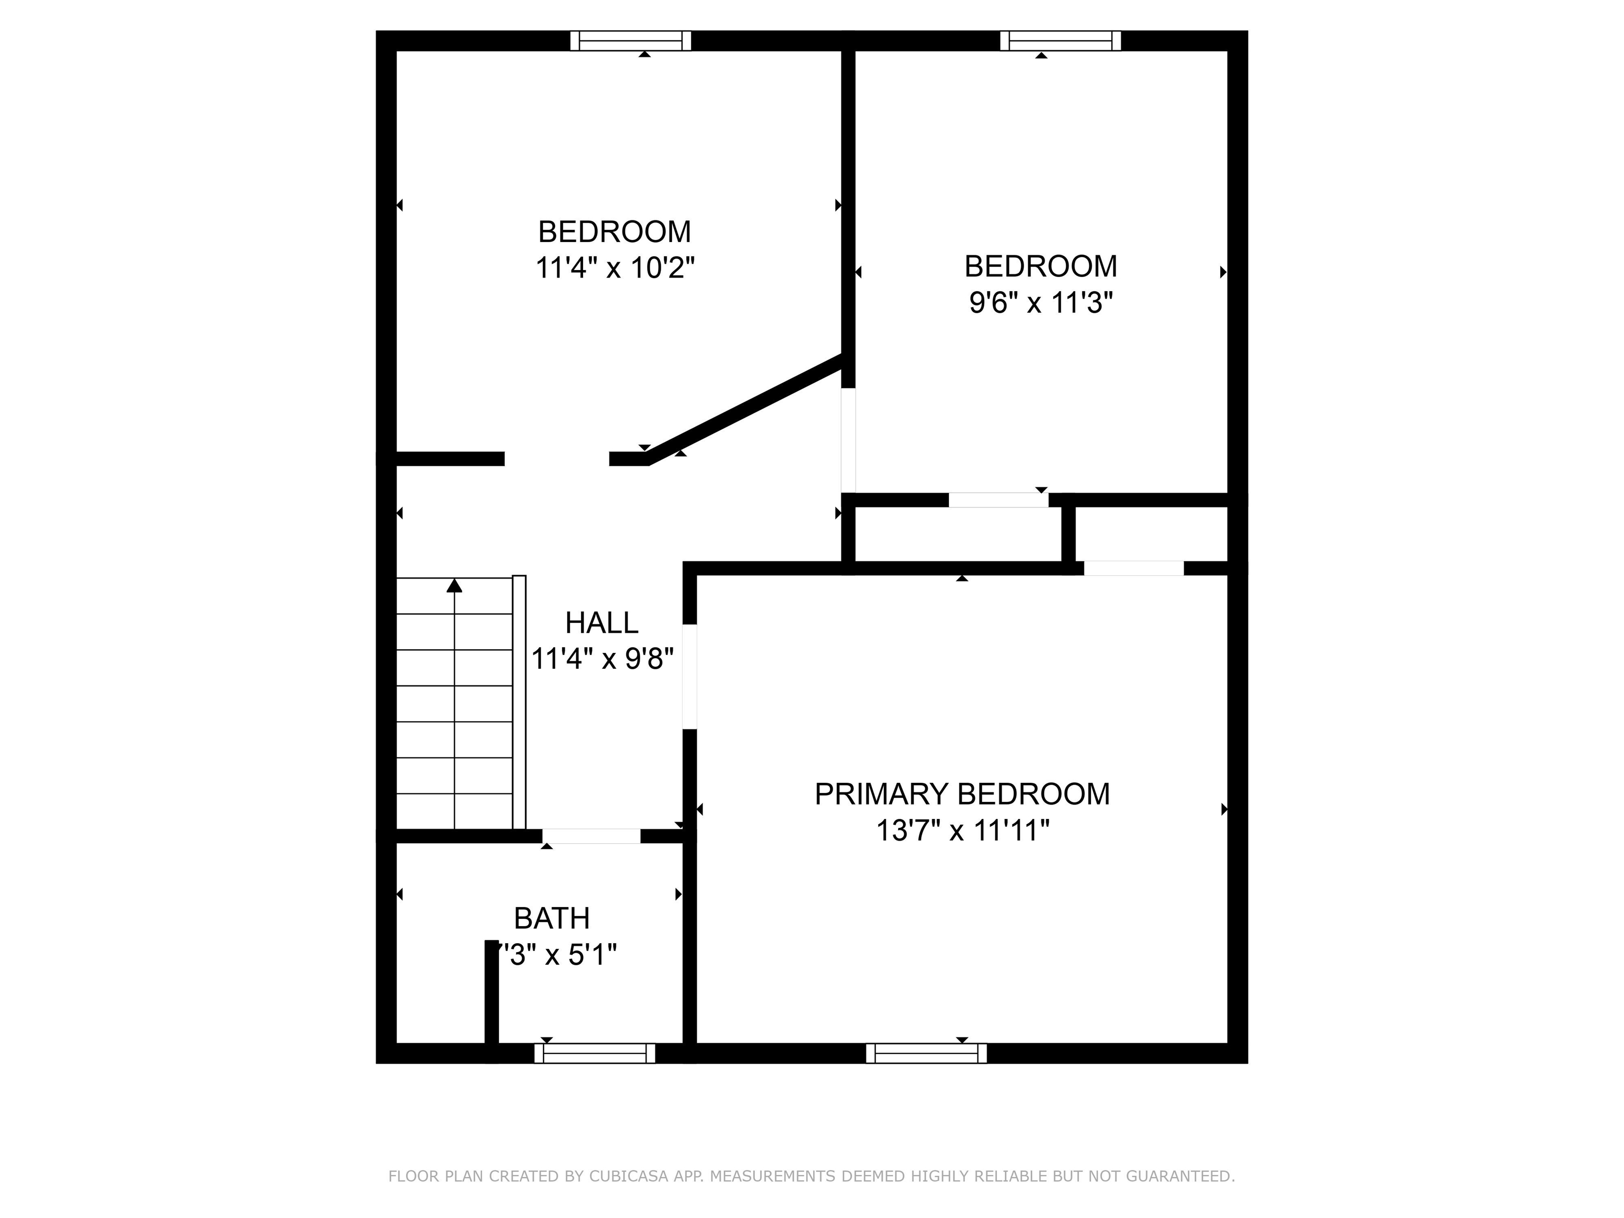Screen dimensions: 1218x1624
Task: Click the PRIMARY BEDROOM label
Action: pos(962,795)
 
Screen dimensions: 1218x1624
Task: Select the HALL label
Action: pos(601,623)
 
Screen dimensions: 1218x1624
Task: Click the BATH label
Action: pos(551,918)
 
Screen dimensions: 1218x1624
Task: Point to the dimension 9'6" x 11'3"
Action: pos(1040,302)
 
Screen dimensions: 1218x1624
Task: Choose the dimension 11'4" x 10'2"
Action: pos(614,268)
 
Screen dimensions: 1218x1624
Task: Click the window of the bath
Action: pos(594,1053)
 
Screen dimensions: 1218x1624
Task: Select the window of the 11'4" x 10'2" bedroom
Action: pos(631,40)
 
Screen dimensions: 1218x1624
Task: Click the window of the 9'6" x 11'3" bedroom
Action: pos(1060,40)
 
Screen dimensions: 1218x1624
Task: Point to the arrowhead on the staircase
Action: pos(455,585)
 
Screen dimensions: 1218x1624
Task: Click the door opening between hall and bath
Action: pos(591,835)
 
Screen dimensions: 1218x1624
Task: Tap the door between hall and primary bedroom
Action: pos(689,676)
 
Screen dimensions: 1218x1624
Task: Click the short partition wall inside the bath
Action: pos(491,991)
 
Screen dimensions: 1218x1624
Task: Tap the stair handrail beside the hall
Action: pos(519,701)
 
